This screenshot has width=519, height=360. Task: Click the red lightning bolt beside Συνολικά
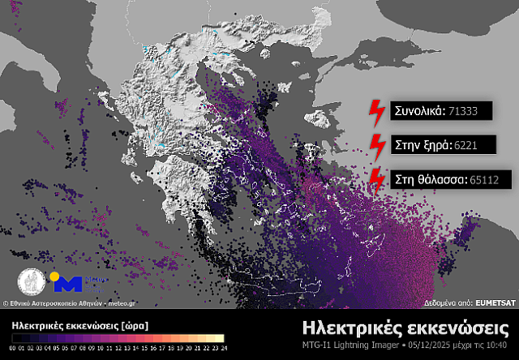(376, 111)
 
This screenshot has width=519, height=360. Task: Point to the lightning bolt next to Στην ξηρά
(376, 145)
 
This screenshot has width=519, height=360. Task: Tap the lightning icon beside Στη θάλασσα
(376, 178)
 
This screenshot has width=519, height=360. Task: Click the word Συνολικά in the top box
(417, 111)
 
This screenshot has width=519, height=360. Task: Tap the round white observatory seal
(31, 281)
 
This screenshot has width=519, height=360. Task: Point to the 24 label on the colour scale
(221, 348)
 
